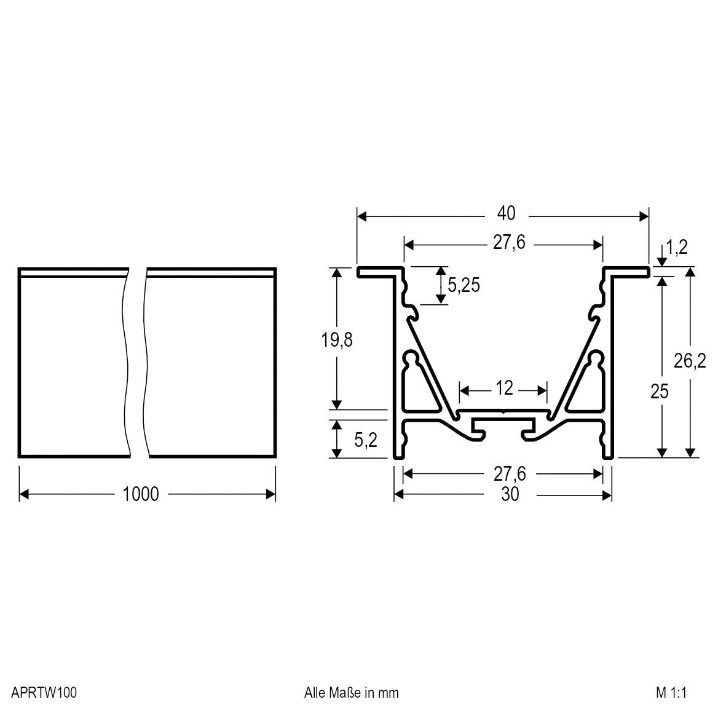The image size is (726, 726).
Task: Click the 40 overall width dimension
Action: pos(506,214)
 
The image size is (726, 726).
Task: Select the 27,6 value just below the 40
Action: pos(508,243)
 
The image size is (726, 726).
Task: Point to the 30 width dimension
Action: pos(510,494)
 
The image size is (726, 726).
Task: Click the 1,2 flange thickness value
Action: pos(676,248)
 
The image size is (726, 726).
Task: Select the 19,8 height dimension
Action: pos(336,340)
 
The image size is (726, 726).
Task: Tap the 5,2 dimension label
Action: pos(365,440)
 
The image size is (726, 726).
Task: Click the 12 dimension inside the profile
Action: pos(503,389)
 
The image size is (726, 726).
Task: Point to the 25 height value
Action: pos(659,392)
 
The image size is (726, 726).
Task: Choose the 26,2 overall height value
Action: pos(690,361)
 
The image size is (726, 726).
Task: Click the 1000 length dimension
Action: pos(141,494)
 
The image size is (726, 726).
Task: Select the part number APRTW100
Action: pos(44,693)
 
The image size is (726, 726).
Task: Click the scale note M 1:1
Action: pos(670,693)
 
